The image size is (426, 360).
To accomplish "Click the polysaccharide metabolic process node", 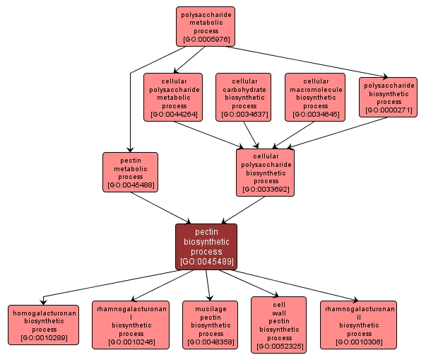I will pyautogui.click(x=206, y=27).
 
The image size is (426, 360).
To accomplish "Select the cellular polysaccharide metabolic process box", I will pyautogui.click(x=173, y=97).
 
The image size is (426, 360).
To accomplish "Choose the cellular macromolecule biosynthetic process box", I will pyautogui.click(x=315, y=97).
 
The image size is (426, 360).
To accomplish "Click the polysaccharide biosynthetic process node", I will pyautogui.click(x=388, y=97).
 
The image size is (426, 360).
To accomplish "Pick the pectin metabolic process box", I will pyautogui.click(x=131, y=172).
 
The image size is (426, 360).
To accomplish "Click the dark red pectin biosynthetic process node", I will pyautogui.click(x=206, y=246).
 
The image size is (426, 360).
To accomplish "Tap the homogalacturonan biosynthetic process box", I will pyautogui.click(x=44, y=325).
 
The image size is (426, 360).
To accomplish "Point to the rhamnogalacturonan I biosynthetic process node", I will pyautogui.click(x=131, y=325).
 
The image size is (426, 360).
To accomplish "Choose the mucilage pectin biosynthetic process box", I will pyautogui.click(x=211, y=325).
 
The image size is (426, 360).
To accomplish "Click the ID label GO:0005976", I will pyautogui.click(x=206, y=40).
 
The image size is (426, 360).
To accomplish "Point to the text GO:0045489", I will pyautogui.click(x=206, y=262).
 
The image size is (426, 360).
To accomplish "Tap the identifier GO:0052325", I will pyautogui.click(x=279, y=347).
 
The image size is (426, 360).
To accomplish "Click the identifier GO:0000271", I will pyautogui.click(x=388, y=110).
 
